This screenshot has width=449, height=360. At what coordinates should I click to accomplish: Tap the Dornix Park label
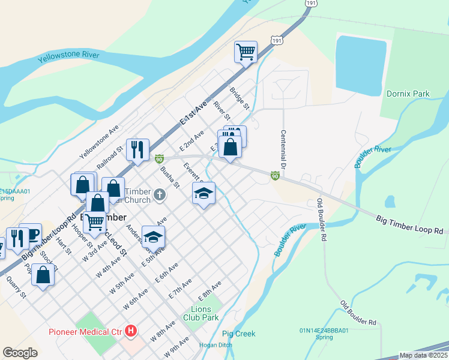408,94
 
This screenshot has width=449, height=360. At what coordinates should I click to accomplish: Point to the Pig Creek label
238,334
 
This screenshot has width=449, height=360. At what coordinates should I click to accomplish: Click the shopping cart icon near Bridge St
246,52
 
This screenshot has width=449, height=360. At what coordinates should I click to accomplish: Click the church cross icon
159,194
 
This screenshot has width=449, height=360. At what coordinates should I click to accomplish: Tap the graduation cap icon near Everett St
203,193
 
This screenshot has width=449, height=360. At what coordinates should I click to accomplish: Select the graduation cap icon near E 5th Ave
153,237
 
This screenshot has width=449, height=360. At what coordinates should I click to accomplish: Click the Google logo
20,353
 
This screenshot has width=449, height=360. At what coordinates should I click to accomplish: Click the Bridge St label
239,98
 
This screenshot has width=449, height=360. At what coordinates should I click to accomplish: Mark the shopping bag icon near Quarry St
43,275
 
